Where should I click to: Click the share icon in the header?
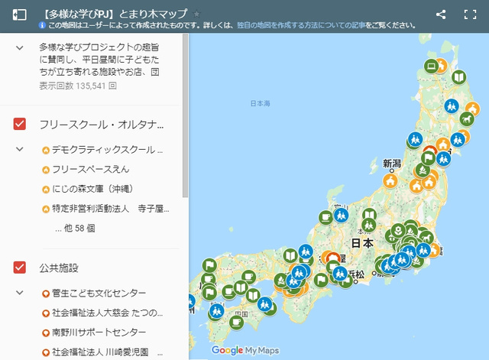click(x=441, y=14)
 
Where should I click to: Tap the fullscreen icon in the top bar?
click(x=470, y=14)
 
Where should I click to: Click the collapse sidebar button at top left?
click(x=20, y=15)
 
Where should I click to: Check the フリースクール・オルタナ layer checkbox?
click(x=20, y=124)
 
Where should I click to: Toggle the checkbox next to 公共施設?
click(x=20, y=268)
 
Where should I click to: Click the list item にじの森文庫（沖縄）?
click(x=100, y=189)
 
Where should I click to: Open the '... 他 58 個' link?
click(x=79, y=227)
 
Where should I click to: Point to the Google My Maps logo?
click(x=244, y=350)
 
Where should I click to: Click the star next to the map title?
click(x=196, y=14)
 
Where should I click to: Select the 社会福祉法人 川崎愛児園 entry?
click(x=105, y=352)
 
